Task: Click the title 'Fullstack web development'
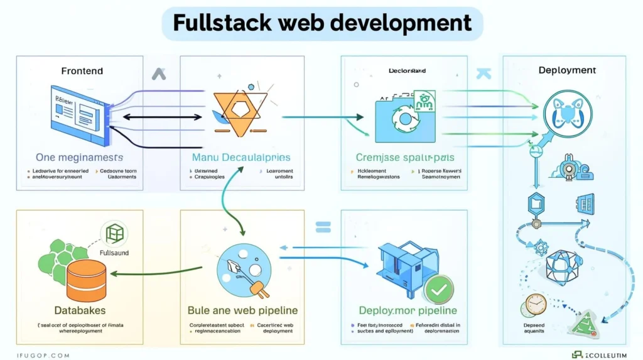coord(321,23)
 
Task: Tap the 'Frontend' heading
coord(82,70)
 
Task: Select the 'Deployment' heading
coord(567,70)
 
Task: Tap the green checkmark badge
coord(437,290)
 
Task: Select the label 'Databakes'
coord(80,310)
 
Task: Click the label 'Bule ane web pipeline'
coord(242,310)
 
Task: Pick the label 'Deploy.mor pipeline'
coord(408,310)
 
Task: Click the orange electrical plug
coord(258,288)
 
